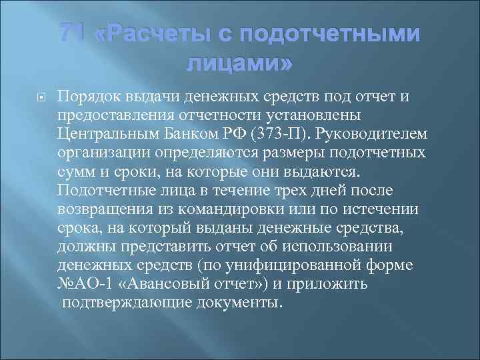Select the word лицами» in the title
(241, 65)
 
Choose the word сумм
(74, 172)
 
